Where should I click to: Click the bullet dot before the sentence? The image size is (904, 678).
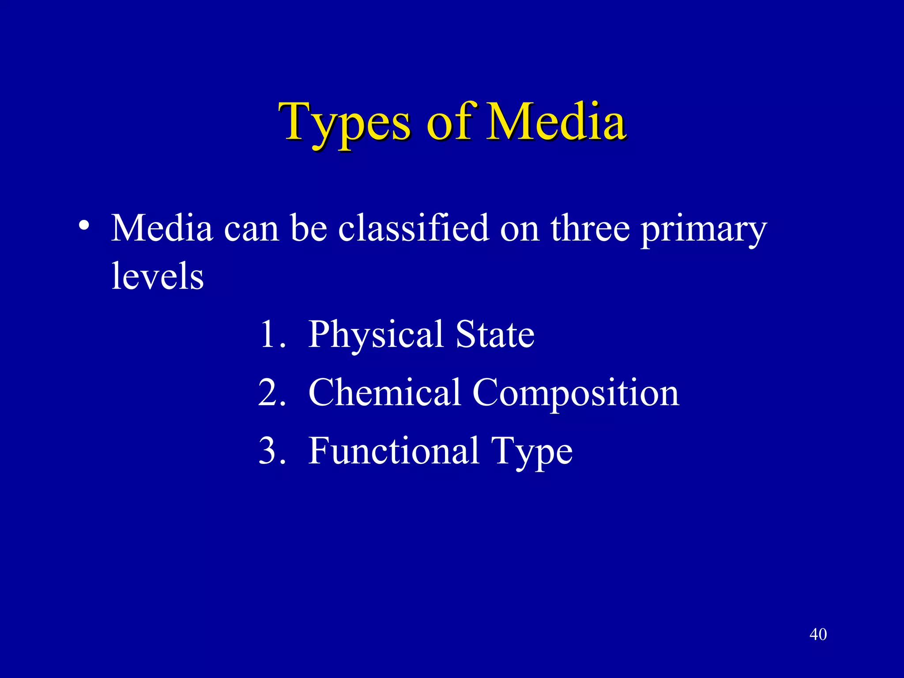83,226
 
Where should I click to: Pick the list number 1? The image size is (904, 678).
271,334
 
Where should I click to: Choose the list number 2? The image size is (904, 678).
271,392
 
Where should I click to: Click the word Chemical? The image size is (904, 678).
384,392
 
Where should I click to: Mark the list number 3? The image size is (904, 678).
271,451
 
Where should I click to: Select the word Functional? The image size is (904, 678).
394,451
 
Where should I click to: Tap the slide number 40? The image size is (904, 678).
818,634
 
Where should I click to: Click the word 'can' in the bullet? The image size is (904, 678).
251,229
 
